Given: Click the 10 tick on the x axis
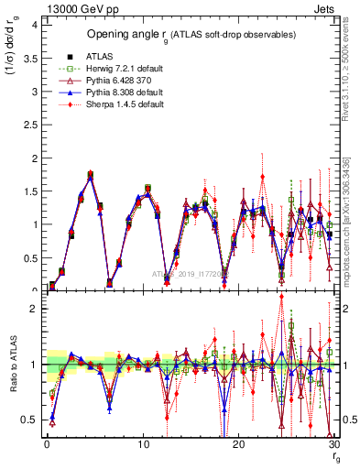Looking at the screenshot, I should pyautogui.click(x=142, y=445).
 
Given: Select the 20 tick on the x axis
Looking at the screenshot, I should pyautogui.click(x=237, y=445).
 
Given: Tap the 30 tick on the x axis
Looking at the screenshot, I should pyautogui.click(x=332, y=445).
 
